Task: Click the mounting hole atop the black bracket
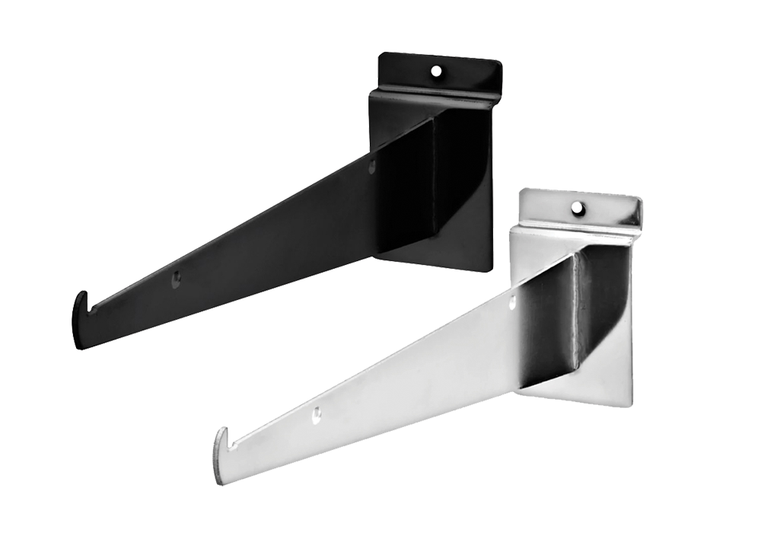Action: click(435, 72)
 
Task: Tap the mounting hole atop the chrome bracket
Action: click(576, 206)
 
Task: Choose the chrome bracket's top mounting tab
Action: click(601, 209)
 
